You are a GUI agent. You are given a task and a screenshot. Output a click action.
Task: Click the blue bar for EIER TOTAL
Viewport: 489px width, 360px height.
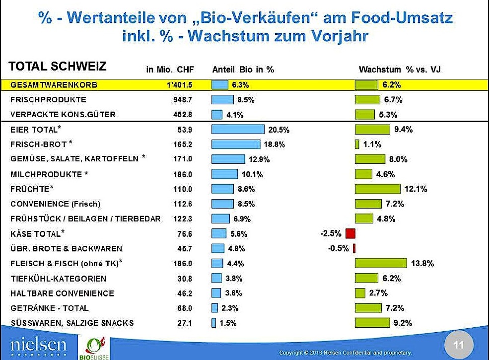pos(238,130)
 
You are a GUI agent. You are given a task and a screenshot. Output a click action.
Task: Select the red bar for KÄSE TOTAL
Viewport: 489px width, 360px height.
pos(350,233)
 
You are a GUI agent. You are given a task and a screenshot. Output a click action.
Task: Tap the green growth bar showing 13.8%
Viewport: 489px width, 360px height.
pos(380,263)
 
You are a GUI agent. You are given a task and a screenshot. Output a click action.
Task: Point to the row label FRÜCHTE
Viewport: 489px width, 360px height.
pos(30,189)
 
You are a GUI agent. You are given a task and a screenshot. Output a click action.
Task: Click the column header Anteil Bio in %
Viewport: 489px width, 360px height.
pos(243,70)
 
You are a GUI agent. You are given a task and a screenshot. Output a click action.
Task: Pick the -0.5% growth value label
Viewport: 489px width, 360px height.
pos(339,248)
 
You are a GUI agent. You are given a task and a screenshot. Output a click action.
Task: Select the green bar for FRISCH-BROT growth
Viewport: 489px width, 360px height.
pos(357,144)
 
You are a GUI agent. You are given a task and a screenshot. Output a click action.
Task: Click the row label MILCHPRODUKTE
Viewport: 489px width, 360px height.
pos(46,174)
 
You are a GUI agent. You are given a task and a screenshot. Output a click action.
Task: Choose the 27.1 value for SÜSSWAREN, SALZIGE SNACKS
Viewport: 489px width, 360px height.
pos(185,323)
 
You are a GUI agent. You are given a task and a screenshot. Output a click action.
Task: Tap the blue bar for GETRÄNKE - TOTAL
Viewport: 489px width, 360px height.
pos(215,308)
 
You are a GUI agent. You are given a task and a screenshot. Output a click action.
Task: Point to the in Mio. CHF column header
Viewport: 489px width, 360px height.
pos(170,70)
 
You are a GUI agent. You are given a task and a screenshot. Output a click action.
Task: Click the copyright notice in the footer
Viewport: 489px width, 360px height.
pos(346,353)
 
